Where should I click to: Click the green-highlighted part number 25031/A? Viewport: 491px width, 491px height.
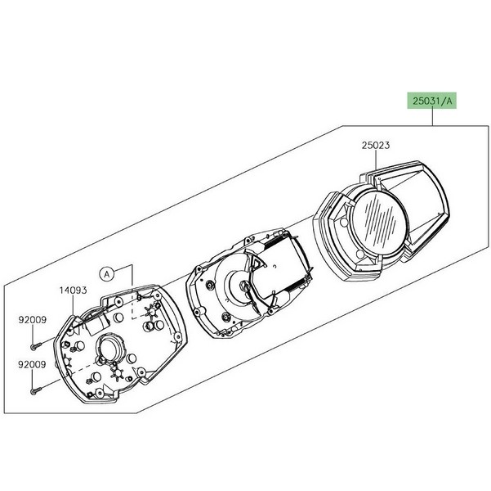pos(432,101)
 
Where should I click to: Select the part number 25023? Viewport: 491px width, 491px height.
pos(376,146)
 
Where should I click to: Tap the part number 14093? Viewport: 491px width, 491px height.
pos(73,291)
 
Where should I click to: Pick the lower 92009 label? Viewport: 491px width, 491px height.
pos(32,364)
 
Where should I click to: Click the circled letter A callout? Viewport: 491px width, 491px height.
pos(107,274)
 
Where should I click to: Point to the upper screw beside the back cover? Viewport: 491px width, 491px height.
pos(36,346)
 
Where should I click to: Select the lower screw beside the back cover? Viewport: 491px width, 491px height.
pos(36,391)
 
